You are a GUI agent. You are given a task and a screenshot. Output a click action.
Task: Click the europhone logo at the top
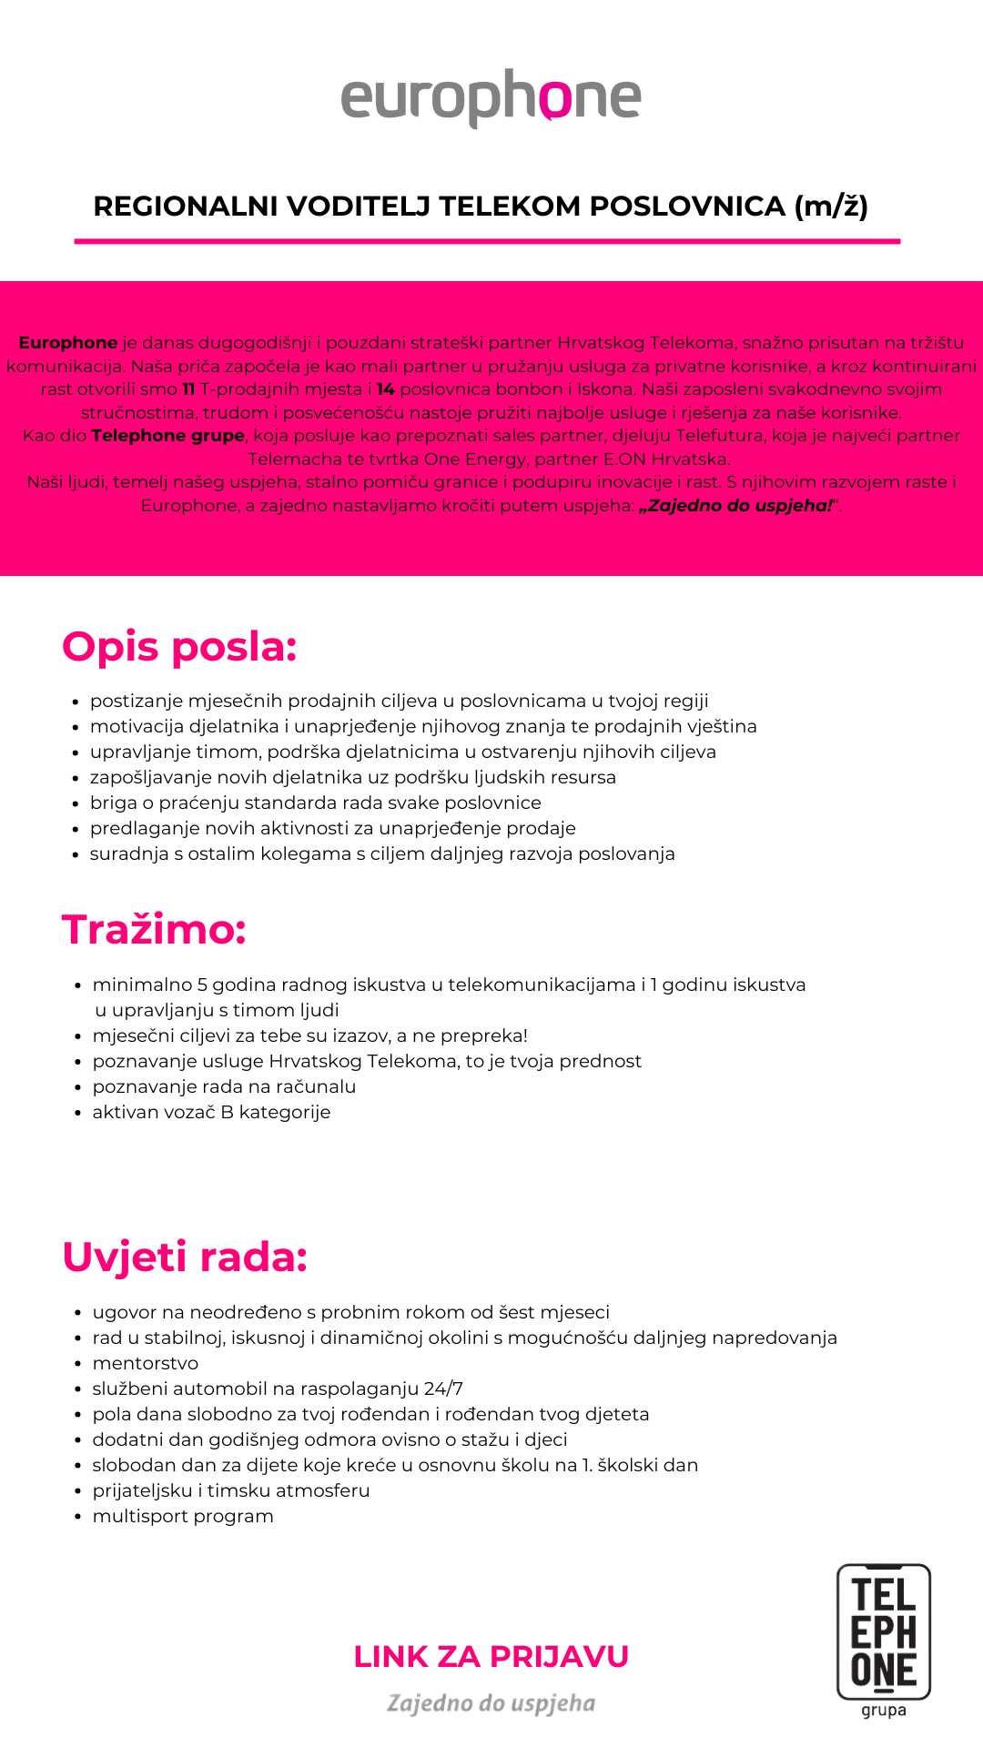click(x=491, y=97)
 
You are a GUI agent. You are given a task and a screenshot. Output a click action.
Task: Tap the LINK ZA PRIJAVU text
click(x=491, y=1657)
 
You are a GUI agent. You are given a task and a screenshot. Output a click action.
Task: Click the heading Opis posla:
click(x=179, y=647)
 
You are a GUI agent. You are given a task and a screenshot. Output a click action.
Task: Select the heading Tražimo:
click(x=154, y=930)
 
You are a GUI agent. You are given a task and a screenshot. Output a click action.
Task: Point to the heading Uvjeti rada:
click(x=185, y=1257)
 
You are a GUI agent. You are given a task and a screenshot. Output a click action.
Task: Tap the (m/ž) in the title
click(x=831, y=207)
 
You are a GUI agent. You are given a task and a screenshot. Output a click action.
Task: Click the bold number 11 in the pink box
click(x=188, y=389)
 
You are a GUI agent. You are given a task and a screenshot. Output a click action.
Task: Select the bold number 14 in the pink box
click(x=385, y=389)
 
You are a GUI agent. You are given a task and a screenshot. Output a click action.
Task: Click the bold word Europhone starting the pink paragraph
click(x=68, y=343)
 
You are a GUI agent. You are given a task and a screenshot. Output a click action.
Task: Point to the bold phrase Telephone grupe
click(x=167, y=436)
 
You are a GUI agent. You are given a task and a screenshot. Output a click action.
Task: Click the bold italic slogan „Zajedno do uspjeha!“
click(x=737, y=506)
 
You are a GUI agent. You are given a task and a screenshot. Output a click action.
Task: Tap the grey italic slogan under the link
click(x=491, y=1703)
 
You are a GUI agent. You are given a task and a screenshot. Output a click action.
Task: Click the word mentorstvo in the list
click(x=146, y=1363)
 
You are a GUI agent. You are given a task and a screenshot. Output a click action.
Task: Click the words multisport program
click(x=183, y=1516)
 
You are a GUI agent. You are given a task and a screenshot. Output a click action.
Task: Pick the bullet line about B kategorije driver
click(x=211, y=1112)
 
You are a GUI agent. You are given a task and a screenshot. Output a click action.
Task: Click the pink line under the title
click(x=487, y=241)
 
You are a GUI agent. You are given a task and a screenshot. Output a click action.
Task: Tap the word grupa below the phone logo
click(x=884, y=1710)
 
